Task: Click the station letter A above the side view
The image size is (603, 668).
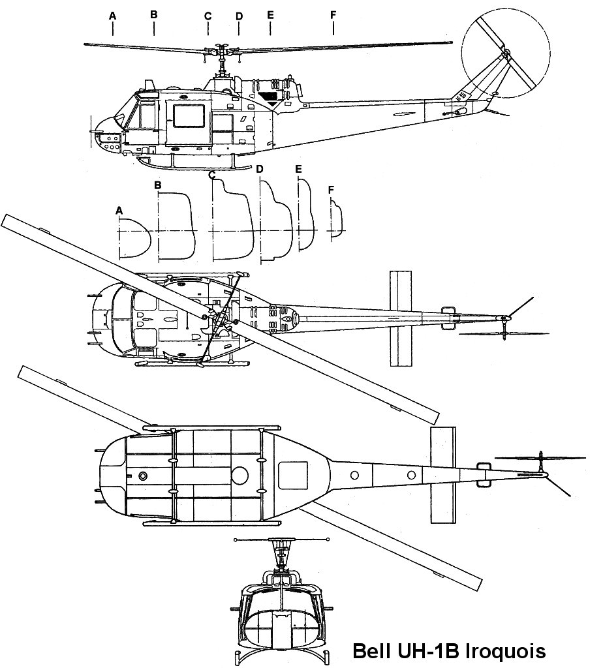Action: tap(113, 14)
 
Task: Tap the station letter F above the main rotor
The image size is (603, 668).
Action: tap(333, 14)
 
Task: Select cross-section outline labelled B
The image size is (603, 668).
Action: tap(175, 225)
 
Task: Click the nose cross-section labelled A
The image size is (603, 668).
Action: tap(134, 236)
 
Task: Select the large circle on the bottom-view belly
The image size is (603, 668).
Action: tap(240, 474)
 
